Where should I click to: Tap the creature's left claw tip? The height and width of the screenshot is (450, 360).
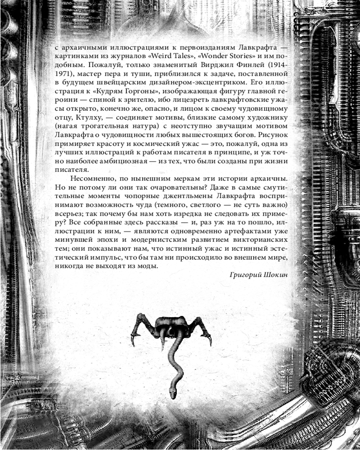133,344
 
